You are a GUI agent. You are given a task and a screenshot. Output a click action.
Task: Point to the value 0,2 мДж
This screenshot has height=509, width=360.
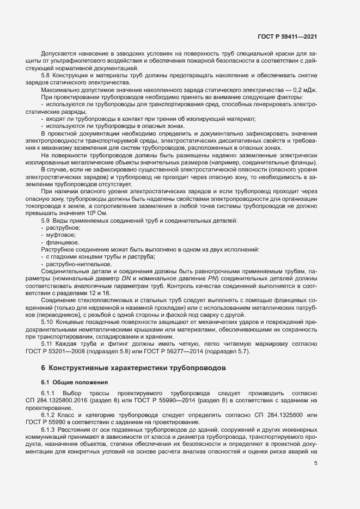click(304, 89)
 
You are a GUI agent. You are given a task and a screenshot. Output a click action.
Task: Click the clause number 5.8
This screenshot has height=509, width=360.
click(46, 75)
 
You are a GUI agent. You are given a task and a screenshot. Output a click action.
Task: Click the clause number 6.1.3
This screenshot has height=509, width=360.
click(48, 428)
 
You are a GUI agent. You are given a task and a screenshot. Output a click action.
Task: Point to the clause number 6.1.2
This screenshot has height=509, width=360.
click(48, 414)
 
